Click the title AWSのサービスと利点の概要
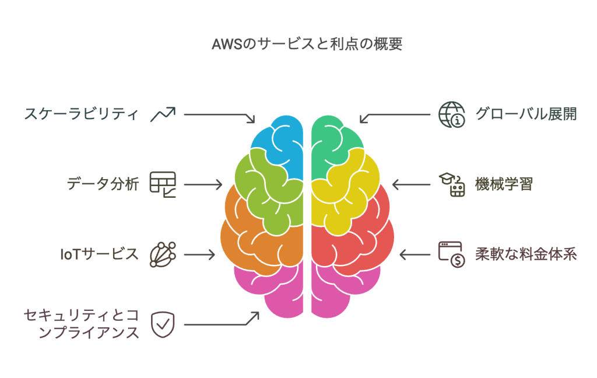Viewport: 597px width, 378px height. pyautogui.click(x=307, y=44)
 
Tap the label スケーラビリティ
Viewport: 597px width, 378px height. pyautogui.click(x=81, y=114)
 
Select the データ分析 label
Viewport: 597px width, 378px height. pyautogui.click(x=103, y=184)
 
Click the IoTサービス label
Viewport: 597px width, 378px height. pyautogui.click(x=99, y=254)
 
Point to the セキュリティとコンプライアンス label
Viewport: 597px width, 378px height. pyautogui.click(x=81, y=324)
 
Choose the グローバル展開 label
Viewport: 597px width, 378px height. pyautogui.click(x=526, y=114)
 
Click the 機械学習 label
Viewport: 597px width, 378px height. pyautogui.click(x=504, y=184)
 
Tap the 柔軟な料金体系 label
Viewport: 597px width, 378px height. pyautogui.click(x=526, y=254)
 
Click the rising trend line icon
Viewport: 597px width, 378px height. pyautogui.click(x=163, y=114)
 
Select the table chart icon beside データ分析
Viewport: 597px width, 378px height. pyautogui.click(x=163, y=184)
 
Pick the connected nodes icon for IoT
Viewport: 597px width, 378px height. pyautogui.click(x=163, y=254)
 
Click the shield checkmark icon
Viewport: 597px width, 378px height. pyautogui.click(x=163, y=325)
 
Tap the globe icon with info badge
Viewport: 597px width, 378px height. pyautogui.click(x=452, y=114)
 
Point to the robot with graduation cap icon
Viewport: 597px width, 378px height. pyautogui.click(x=452, y=184)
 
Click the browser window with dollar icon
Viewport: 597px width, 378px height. pyautogui.click(x=452, y=254)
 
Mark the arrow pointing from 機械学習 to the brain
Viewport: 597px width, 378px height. pyautogui.click(x=411, y=184)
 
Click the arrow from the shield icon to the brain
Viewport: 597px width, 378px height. pyautogui.click(x=222, y=319)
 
